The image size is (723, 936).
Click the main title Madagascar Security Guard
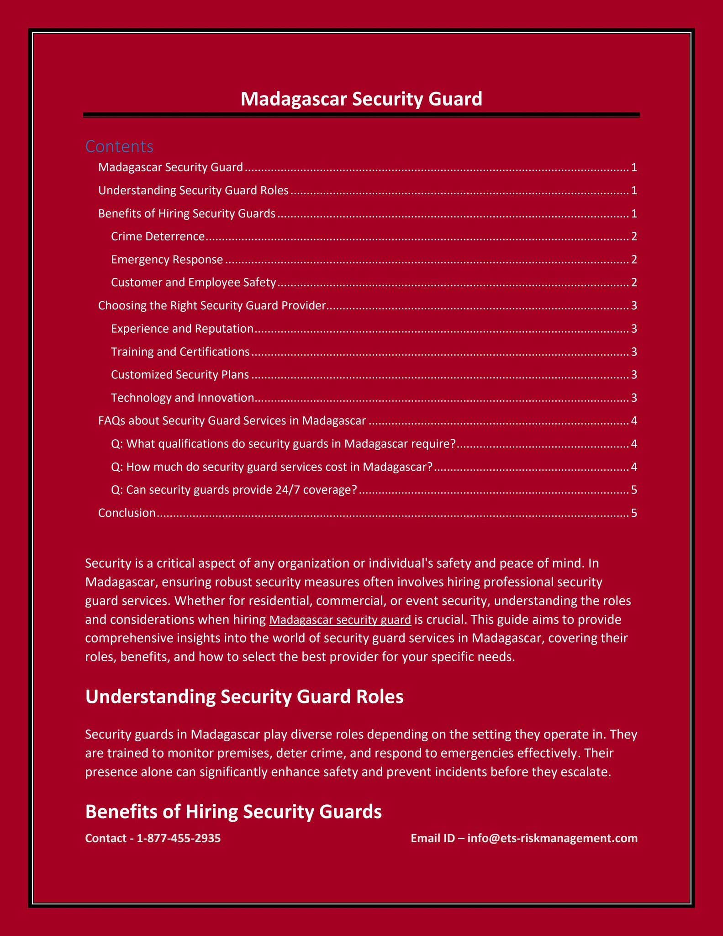[x=361, y=99]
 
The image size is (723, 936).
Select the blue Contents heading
[x=119, y=146]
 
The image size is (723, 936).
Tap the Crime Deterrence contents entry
[x=158, y=236]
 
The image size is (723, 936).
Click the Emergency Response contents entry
[x=167, y=260]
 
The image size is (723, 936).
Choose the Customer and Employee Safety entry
[x=193, y=282]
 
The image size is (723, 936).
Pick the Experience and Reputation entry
[x=182, y=329]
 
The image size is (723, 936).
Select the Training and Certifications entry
[x=180, y=351]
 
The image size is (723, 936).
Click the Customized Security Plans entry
[x=180, y=375]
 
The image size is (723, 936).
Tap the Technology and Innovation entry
[x=182, y=398]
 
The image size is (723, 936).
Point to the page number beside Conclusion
[x=633, y=513]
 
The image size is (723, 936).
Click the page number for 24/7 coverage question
[x=633, y=490]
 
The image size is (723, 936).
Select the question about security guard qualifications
[x=283, y=444]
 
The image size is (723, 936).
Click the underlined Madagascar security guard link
[x=340, y=620]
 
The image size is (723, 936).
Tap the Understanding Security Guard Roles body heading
[x=244, y=697]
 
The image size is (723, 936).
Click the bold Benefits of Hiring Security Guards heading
[x=233, y=812]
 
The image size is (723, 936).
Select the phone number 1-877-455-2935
[x=179, y=838]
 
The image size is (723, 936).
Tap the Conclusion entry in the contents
[x=127, y=513]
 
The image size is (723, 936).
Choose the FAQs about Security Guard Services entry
[x=232, y=420]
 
